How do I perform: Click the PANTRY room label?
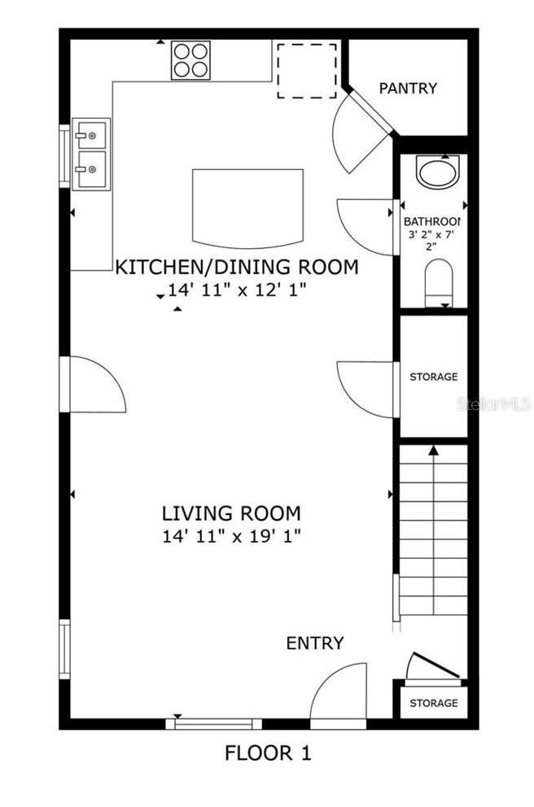[x=408, y=88]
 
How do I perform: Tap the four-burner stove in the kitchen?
[x=190, y=59]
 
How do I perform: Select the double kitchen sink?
[x=90, y=154]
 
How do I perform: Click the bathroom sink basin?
[x=437, y=171]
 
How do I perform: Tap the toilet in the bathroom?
[x=438, y=281]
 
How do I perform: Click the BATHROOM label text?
[x=432, y=221]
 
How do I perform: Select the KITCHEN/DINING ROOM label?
[x=237, y=267]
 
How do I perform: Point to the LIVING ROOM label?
[x=231, y=513]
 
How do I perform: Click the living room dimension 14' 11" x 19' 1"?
[x=231, y=535]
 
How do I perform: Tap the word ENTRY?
[x=315, y=643]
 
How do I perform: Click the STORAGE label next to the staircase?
[x=433, y=377]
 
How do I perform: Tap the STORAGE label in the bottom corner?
[x=433, y=703]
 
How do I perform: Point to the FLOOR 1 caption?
[x=268, y=753]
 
